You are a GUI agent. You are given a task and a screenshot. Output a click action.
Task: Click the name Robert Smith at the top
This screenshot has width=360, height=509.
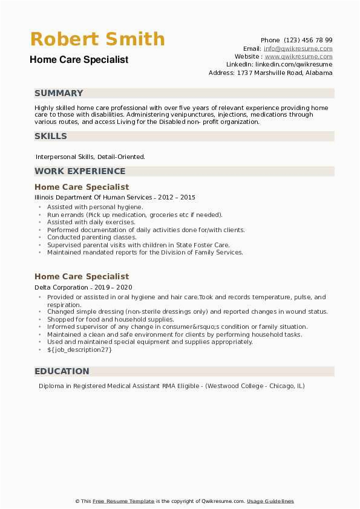[97, 39]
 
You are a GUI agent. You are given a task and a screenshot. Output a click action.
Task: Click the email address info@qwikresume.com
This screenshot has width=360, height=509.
[298, 48]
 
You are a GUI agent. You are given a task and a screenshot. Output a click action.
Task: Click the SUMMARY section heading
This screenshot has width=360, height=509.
[59, 93]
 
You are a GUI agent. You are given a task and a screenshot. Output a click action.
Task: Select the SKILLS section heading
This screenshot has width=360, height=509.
[51, 136]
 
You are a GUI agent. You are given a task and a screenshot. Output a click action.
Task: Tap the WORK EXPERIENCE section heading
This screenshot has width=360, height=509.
[80, 171]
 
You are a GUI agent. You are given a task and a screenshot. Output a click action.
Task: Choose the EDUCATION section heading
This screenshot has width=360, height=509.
[62, 371]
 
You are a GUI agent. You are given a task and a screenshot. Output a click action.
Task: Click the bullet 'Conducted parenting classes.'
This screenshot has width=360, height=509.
[91, 238]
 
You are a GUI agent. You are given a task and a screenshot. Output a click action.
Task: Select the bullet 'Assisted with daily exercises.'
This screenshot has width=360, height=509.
[91, 222]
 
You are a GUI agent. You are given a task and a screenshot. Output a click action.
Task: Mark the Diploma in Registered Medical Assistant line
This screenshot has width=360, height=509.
[172, 386]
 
